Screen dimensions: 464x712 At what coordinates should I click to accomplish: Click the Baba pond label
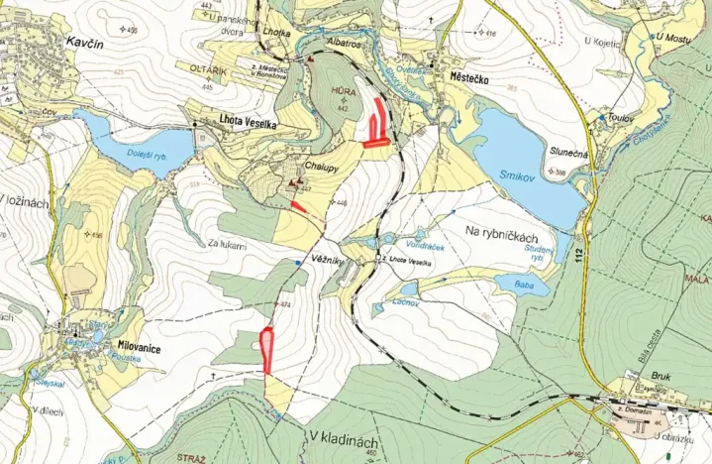[x=510, y=282]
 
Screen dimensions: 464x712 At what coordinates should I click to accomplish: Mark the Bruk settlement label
[x=634, y=378]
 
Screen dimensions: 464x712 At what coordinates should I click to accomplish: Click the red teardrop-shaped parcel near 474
[x=265, y=345]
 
